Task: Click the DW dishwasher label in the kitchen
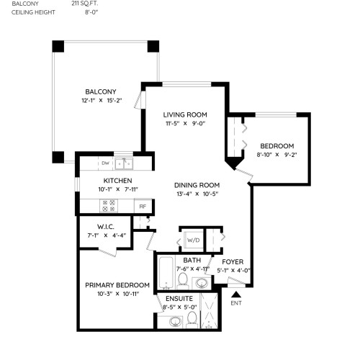tap(105, 163)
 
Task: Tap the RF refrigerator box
tap(143, 206)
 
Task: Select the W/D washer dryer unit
tap(194, 240)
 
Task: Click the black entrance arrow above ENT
tap(236, 294)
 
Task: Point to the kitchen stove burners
tap(109, 206)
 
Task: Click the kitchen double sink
tap(124, 164)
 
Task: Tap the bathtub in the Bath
tap(166, 273)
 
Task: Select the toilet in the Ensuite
tap(192, 320)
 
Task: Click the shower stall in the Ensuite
tap(209, 311)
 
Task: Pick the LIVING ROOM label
tap(185, 114)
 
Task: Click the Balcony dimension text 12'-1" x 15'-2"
tap(102, 100)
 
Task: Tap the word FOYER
tap(233, 261)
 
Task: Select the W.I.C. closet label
tap(106, 227)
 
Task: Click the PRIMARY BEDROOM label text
tap(117, 285)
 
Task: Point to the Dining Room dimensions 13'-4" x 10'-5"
tap(197, 194)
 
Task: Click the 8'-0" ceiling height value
tap(91, 12)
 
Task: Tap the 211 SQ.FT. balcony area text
tap(85, 4)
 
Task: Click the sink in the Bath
tap(202, 283)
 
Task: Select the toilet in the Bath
tap(183, 281)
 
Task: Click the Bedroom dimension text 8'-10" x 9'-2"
tap(276, 155)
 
